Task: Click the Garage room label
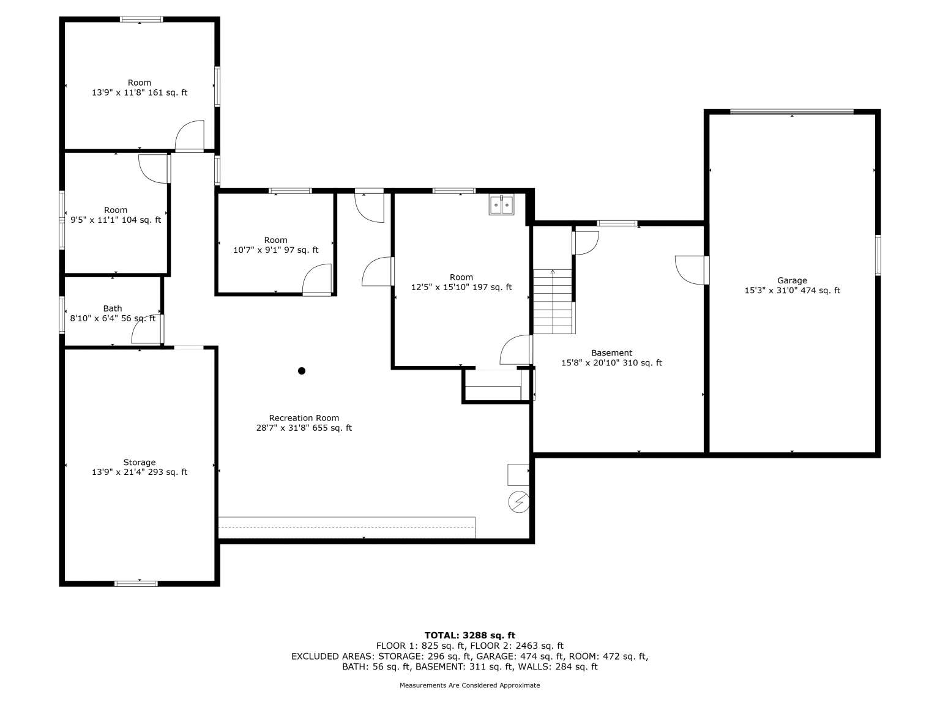[x=792, y=280]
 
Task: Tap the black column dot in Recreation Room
[x=302, y=371]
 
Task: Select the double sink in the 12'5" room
[x=501, y=205]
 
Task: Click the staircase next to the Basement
[x=553, y=301]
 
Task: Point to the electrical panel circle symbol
[x=518, y=502]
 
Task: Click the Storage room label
[x=139, y=462]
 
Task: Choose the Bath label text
[x=113, y=308]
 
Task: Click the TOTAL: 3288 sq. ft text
[x=470, y=635]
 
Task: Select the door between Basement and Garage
[x=690, y=270]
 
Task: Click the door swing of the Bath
[x=146, y=330]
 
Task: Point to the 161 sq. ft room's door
[x=189, y=135]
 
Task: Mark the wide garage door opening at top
[x=792, y=112]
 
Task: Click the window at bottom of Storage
[x=136, y=583]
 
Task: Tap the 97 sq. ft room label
[x=275, y=245]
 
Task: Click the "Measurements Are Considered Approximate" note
[x=470, y=685]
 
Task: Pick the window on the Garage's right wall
[x=878, y=255]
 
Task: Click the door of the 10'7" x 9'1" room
[x=317, y=279]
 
